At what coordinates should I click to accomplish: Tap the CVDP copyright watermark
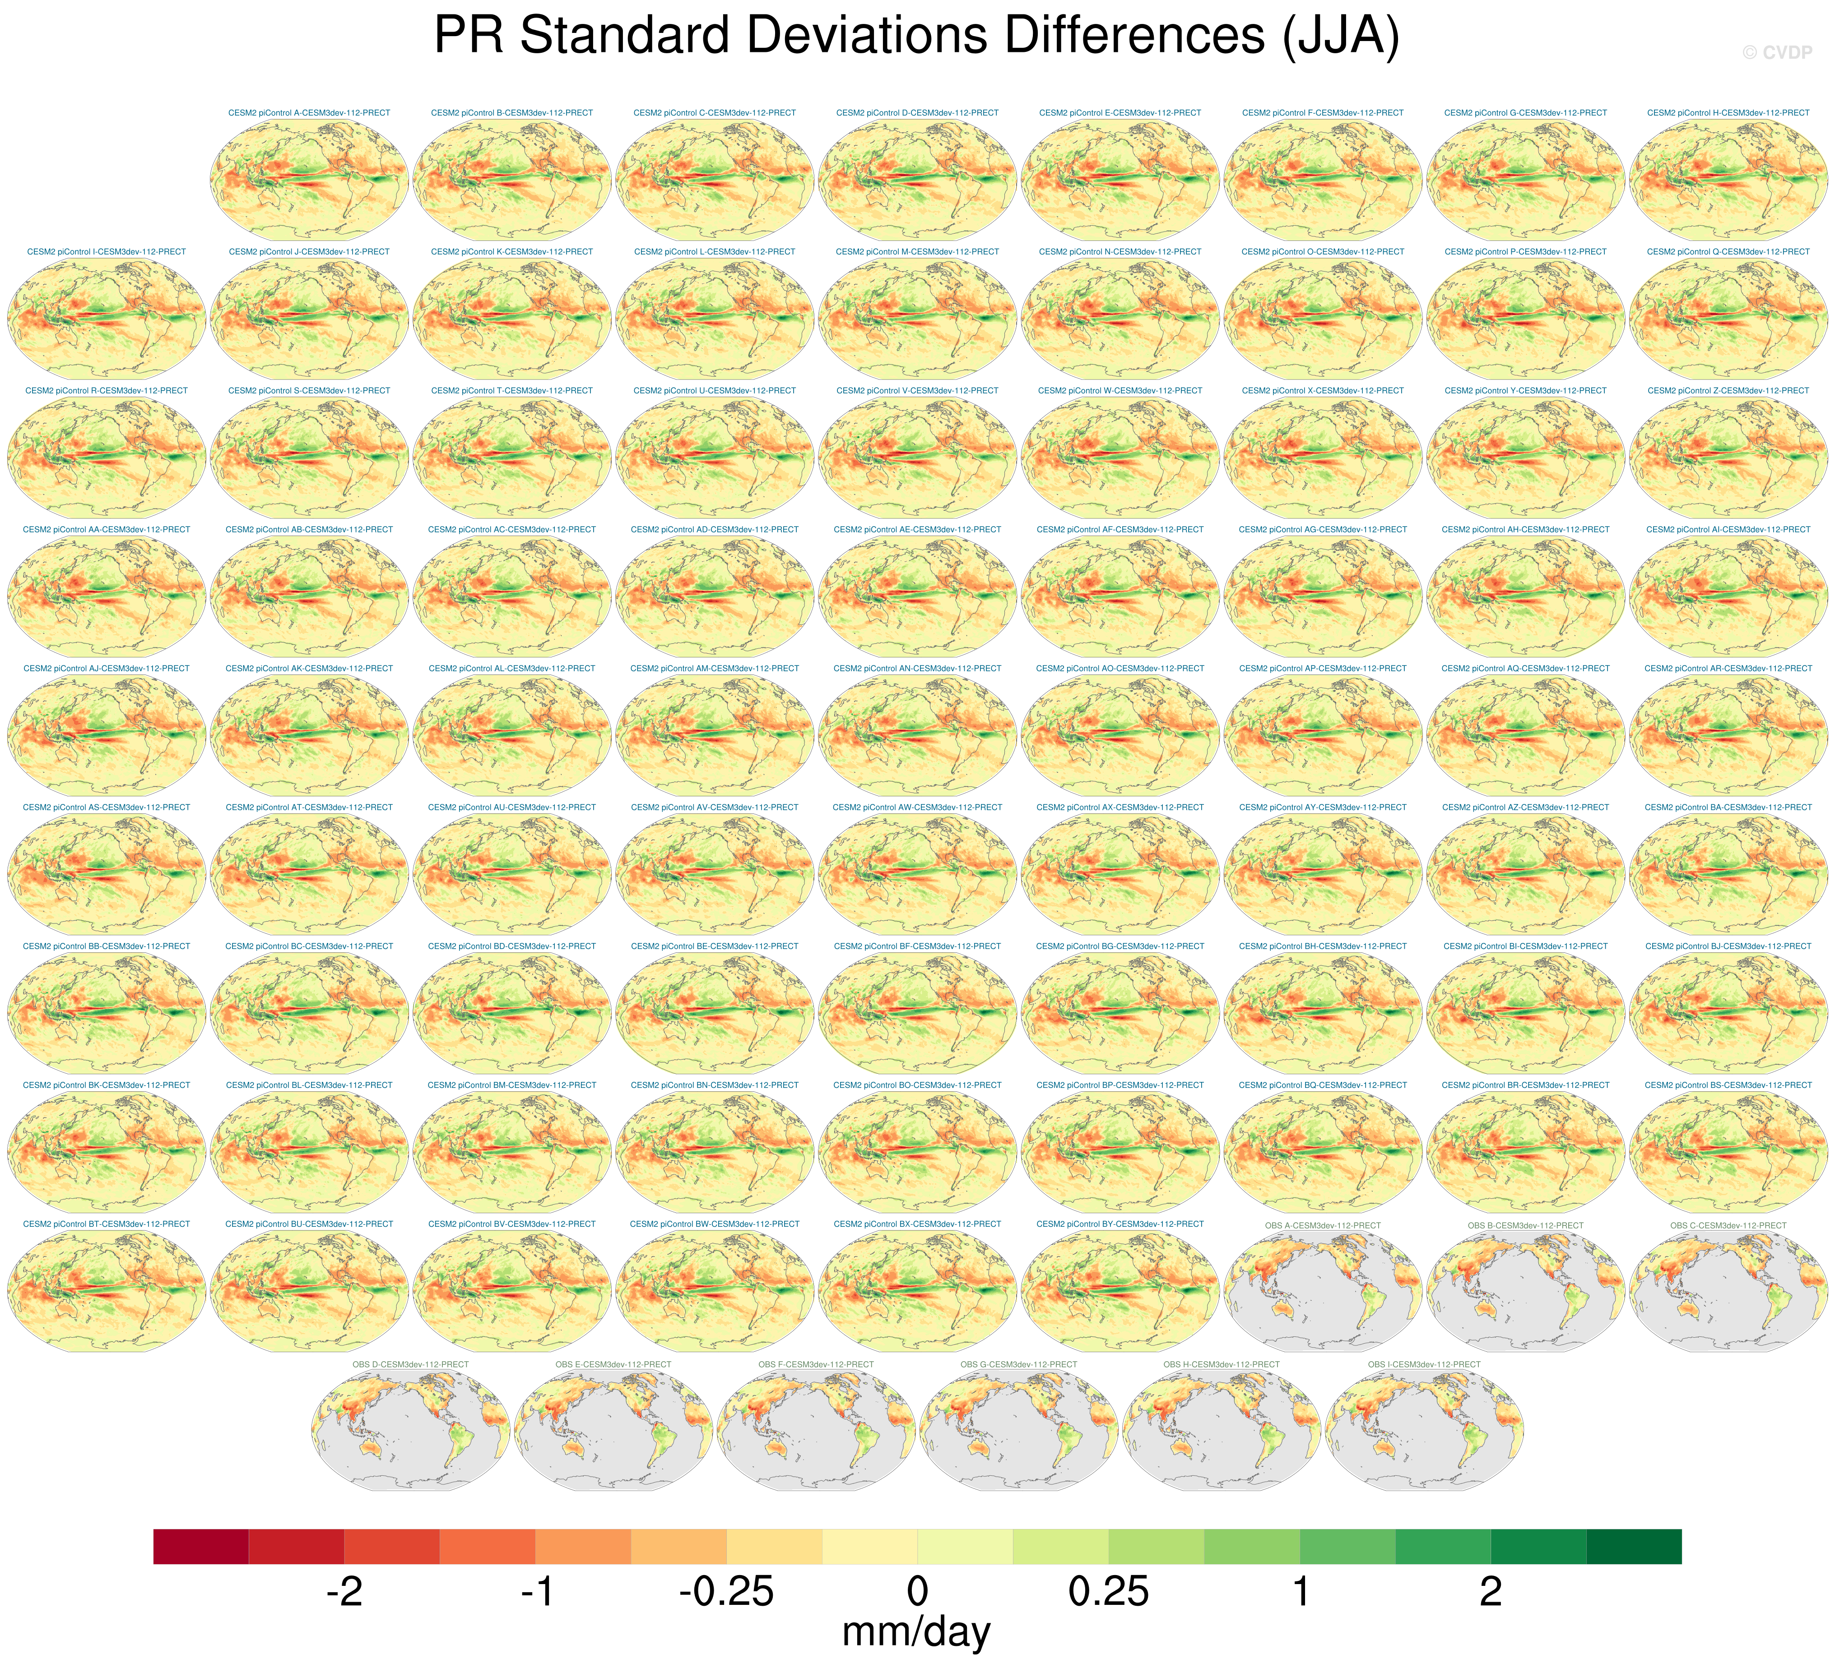tap(1777, 53)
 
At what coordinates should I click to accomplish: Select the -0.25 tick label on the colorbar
tap(726, 1592)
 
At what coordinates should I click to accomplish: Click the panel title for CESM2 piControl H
tap(1728, 113)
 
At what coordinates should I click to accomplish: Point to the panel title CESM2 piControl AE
tap(916, 530)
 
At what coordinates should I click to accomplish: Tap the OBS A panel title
tap(1323, 1226)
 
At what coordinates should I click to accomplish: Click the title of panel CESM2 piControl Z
tap(1728, 390)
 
